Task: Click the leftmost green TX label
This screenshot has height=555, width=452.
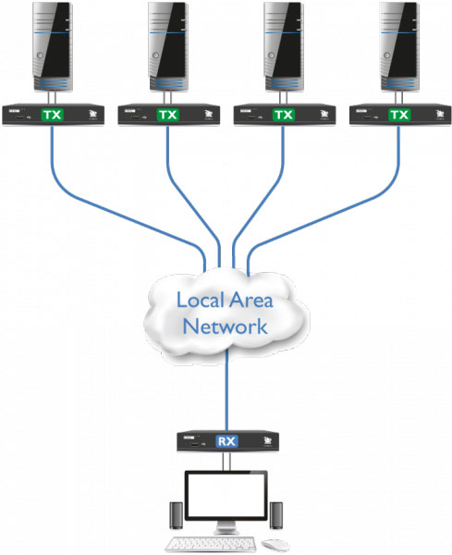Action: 53,115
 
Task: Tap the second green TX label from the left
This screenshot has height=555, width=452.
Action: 167,115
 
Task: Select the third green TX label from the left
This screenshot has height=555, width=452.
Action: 284,115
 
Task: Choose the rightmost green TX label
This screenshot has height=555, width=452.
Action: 399,115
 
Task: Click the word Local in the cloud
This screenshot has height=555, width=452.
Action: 196,301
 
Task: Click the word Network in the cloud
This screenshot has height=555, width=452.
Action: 226,327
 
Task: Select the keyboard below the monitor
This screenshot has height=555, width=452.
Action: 218,543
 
